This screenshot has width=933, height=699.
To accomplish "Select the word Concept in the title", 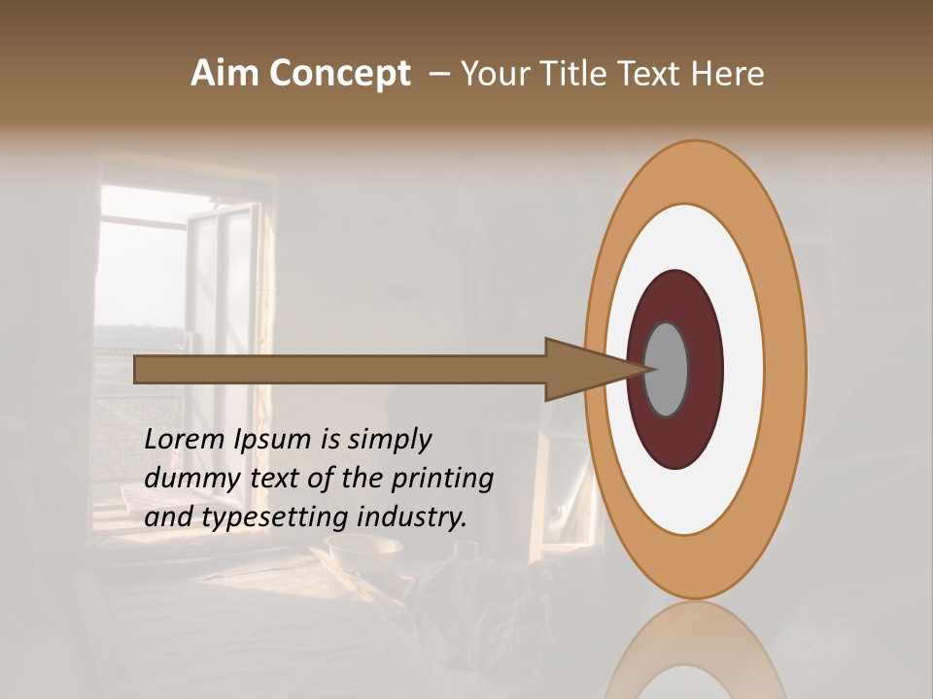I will point(339,74).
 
